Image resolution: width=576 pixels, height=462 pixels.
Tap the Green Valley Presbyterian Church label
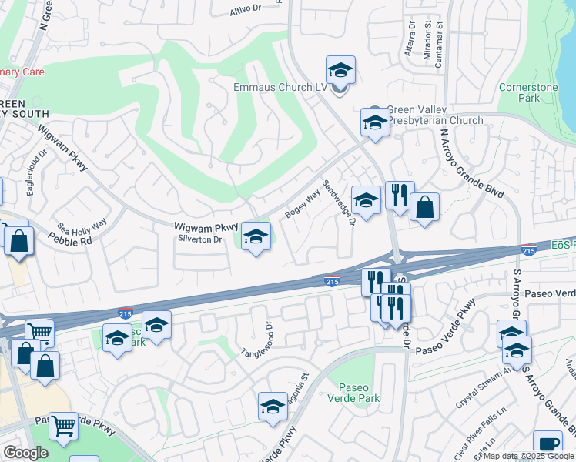[435, 115]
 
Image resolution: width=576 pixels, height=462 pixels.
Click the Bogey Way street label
[302, 205]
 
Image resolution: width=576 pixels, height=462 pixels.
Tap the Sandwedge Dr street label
[338, 203]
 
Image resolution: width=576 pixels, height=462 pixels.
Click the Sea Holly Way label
[82, 229]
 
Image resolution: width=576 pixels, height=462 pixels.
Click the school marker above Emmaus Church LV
[340, 71]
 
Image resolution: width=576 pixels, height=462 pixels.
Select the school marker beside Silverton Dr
[256, 237]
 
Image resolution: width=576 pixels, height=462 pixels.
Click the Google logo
[25, 453]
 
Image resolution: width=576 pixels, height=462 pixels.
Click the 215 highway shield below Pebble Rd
[125, 313]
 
